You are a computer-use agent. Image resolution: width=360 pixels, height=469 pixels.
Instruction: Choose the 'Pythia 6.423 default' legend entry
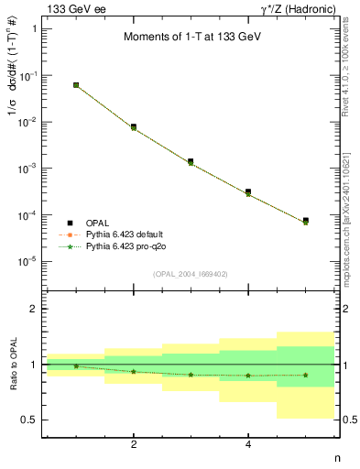tap(130, 234)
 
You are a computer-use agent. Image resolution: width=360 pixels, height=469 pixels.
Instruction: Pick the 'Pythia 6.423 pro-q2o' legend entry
tap(130, 246)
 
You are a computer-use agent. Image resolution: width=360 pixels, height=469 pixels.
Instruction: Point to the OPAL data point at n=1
tap(76, 85)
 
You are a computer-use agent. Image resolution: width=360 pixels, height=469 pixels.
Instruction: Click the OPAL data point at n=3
tap(191, 161)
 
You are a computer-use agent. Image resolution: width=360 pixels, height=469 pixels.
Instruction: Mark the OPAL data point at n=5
tap(305, 221)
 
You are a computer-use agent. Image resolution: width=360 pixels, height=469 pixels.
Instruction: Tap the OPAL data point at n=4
tap(248, 191)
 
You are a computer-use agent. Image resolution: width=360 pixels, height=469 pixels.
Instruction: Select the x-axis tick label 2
tap(134, 445)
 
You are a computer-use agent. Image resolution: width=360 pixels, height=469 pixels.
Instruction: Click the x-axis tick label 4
tap(248, 445)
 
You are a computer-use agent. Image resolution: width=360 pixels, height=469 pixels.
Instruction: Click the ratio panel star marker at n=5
tap(305, 375)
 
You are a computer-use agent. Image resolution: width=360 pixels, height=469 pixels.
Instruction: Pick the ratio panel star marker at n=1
tap(76, 366)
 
